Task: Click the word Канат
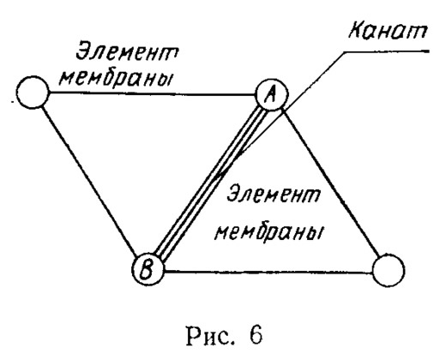tap(388, 31)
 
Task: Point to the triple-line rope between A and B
tap(209, 182)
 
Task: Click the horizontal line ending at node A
tap(153, 93)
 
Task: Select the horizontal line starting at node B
tap(268, 272)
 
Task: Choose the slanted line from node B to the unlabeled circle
tap(91, 181)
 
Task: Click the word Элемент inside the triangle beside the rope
tap(273, 195)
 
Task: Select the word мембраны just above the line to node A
tap(116, 78)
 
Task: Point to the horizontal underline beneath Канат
tap(386, 51)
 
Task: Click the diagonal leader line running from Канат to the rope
tap(280, 114)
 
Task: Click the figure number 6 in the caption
tap(255, 335)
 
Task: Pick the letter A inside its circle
tap(270, 94)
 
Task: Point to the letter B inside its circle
tap(147, 269)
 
